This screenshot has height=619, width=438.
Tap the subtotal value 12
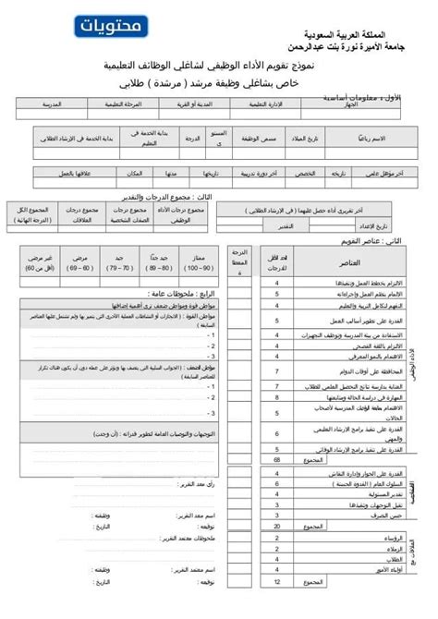[276, 608]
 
